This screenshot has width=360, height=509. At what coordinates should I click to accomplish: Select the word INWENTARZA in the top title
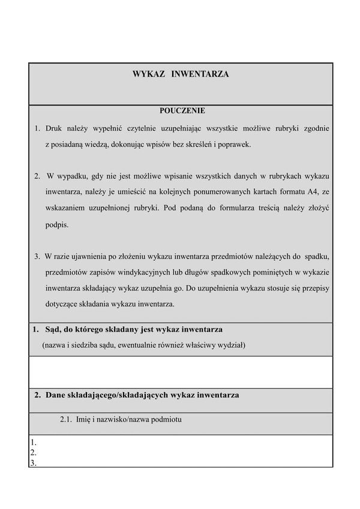click(x=200, y=74)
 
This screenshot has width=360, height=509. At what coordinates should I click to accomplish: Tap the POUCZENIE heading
click(x=182, y=111)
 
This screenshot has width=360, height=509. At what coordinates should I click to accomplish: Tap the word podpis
click(x=57, y=225)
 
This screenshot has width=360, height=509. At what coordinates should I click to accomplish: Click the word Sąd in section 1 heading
click(x=53, y=330)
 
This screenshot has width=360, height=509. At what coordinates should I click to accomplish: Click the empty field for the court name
click(x=181, y=372)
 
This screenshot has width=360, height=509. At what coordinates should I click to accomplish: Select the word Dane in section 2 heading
click(x=55, y=395)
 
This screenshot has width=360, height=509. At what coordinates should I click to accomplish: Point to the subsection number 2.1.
click(x=66, y=420)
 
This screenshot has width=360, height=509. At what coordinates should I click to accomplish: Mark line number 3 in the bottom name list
click(x=33, y=462)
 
